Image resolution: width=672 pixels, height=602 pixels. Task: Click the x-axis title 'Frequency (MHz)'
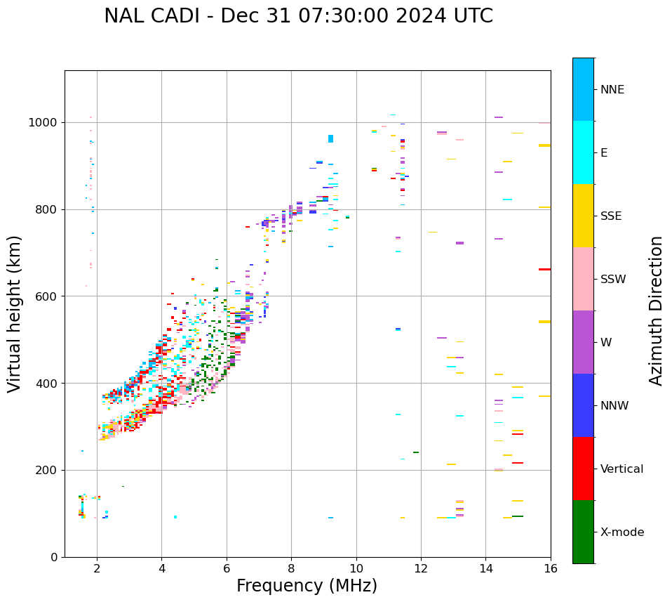pyautogui.click(x=307, y=586)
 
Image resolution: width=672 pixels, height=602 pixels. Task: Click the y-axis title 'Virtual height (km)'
pyautogui.click(x=15, y=314)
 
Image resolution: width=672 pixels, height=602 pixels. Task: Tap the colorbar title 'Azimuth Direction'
pyautogui.click(x=656, y=310)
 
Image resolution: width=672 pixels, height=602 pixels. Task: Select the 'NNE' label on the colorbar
pyautogui.click(x=612, y=90)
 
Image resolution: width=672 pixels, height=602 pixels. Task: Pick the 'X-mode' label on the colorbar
pyautogui.click(x=621, y=532)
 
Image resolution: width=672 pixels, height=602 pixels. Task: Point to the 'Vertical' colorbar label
pyautogui.click(x=621, y=469)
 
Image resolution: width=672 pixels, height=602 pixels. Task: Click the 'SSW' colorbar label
pyautogui.click(x=613, y=280)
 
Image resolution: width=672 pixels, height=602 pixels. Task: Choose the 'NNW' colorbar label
pyautogui.click(x=614, y=406)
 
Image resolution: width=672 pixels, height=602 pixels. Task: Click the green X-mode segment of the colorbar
pyautogui.click(x=583, y=532)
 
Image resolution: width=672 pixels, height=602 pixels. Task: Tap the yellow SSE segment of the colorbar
pyautogui.click(x=583, y=216)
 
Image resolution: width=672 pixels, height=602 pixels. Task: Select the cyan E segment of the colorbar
pyautogui.click(x=583, y=152)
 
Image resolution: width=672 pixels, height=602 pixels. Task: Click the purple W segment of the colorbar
pyautogui.click(x=583, y=342)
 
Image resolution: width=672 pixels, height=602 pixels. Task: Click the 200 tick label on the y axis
pyautogui.click(x=49, y=471)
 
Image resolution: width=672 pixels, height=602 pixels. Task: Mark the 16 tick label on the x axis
pyautogui.click(x=550, y=568)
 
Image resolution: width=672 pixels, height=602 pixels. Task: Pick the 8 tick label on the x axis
pyautogui.click(x=291, y=568)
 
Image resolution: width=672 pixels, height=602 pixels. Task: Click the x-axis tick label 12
pyautogui.click(x=421, y=568)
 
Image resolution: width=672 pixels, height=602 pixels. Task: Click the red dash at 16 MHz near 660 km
pyautogui.click(x=544, y=269)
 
